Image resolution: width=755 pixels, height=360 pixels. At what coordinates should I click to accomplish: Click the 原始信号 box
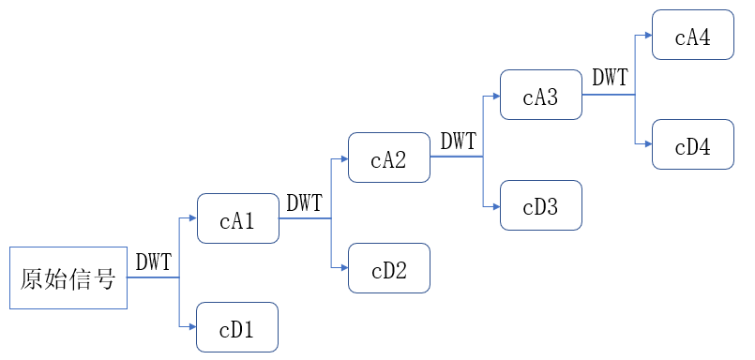click(x=68, y=278)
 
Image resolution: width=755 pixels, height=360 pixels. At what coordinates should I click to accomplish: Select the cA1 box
click(x=237, y=219)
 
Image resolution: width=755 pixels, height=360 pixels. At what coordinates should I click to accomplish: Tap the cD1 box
click(x=237, y=327)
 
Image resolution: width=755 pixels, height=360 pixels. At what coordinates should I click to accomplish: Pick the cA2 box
click(x=388, y=158)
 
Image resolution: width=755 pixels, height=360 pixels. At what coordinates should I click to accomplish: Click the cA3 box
click(x=541, y=95)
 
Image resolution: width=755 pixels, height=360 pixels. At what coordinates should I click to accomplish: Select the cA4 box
click(x=693, y=36)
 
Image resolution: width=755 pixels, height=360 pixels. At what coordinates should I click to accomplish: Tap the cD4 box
click(x=693, y=144)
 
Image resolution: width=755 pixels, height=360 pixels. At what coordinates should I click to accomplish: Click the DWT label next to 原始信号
click(x=154, y=262)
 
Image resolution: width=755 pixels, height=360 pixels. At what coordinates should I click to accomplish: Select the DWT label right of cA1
click(x=304, y=202)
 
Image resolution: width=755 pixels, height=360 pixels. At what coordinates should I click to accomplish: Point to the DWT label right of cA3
click(x=611, y=78)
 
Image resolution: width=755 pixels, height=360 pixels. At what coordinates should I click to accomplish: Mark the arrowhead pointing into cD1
click(x=191, y=327)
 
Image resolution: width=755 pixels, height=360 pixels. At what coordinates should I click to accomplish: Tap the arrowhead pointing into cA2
click(x=343, y=158)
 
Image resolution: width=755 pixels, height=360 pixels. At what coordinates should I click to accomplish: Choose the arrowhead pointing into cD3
click(x=495, y=205)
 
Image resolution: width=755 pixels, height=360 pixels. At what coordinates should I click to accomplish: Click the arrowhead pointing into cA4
click(x=647, y=36)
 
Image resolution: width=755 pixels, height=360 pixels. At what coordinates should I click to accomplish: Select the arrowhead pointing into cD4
click(x=647, y=144)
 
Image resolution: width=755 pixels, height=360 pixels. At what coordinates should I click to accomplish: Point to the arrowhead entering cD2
click(x=343, y=268)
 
